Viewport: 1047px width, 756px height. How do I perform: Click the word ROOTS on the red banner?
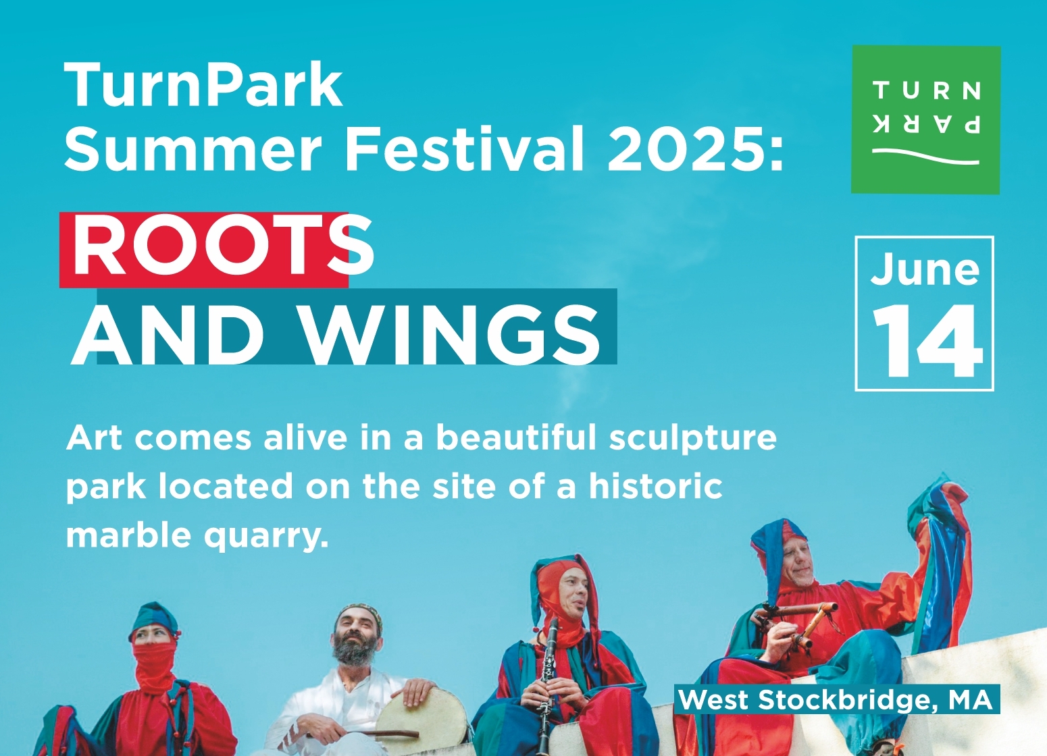coord(223,246)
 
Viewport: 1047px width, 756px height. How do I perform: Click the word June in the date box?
coord(925,270)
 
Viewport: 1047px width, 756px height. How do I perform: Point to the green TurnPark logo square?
coord(925,119)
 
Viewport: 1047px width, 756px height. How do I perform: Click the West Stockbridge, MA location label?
coord(837,699)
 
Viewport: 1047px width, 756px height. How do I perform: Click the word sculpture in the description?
coord(692,439)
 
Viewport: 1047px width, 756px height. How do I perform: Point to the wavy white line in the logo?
coord(925,157)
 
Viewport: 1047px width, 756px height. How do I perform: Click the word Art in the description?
coord(95,439)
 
